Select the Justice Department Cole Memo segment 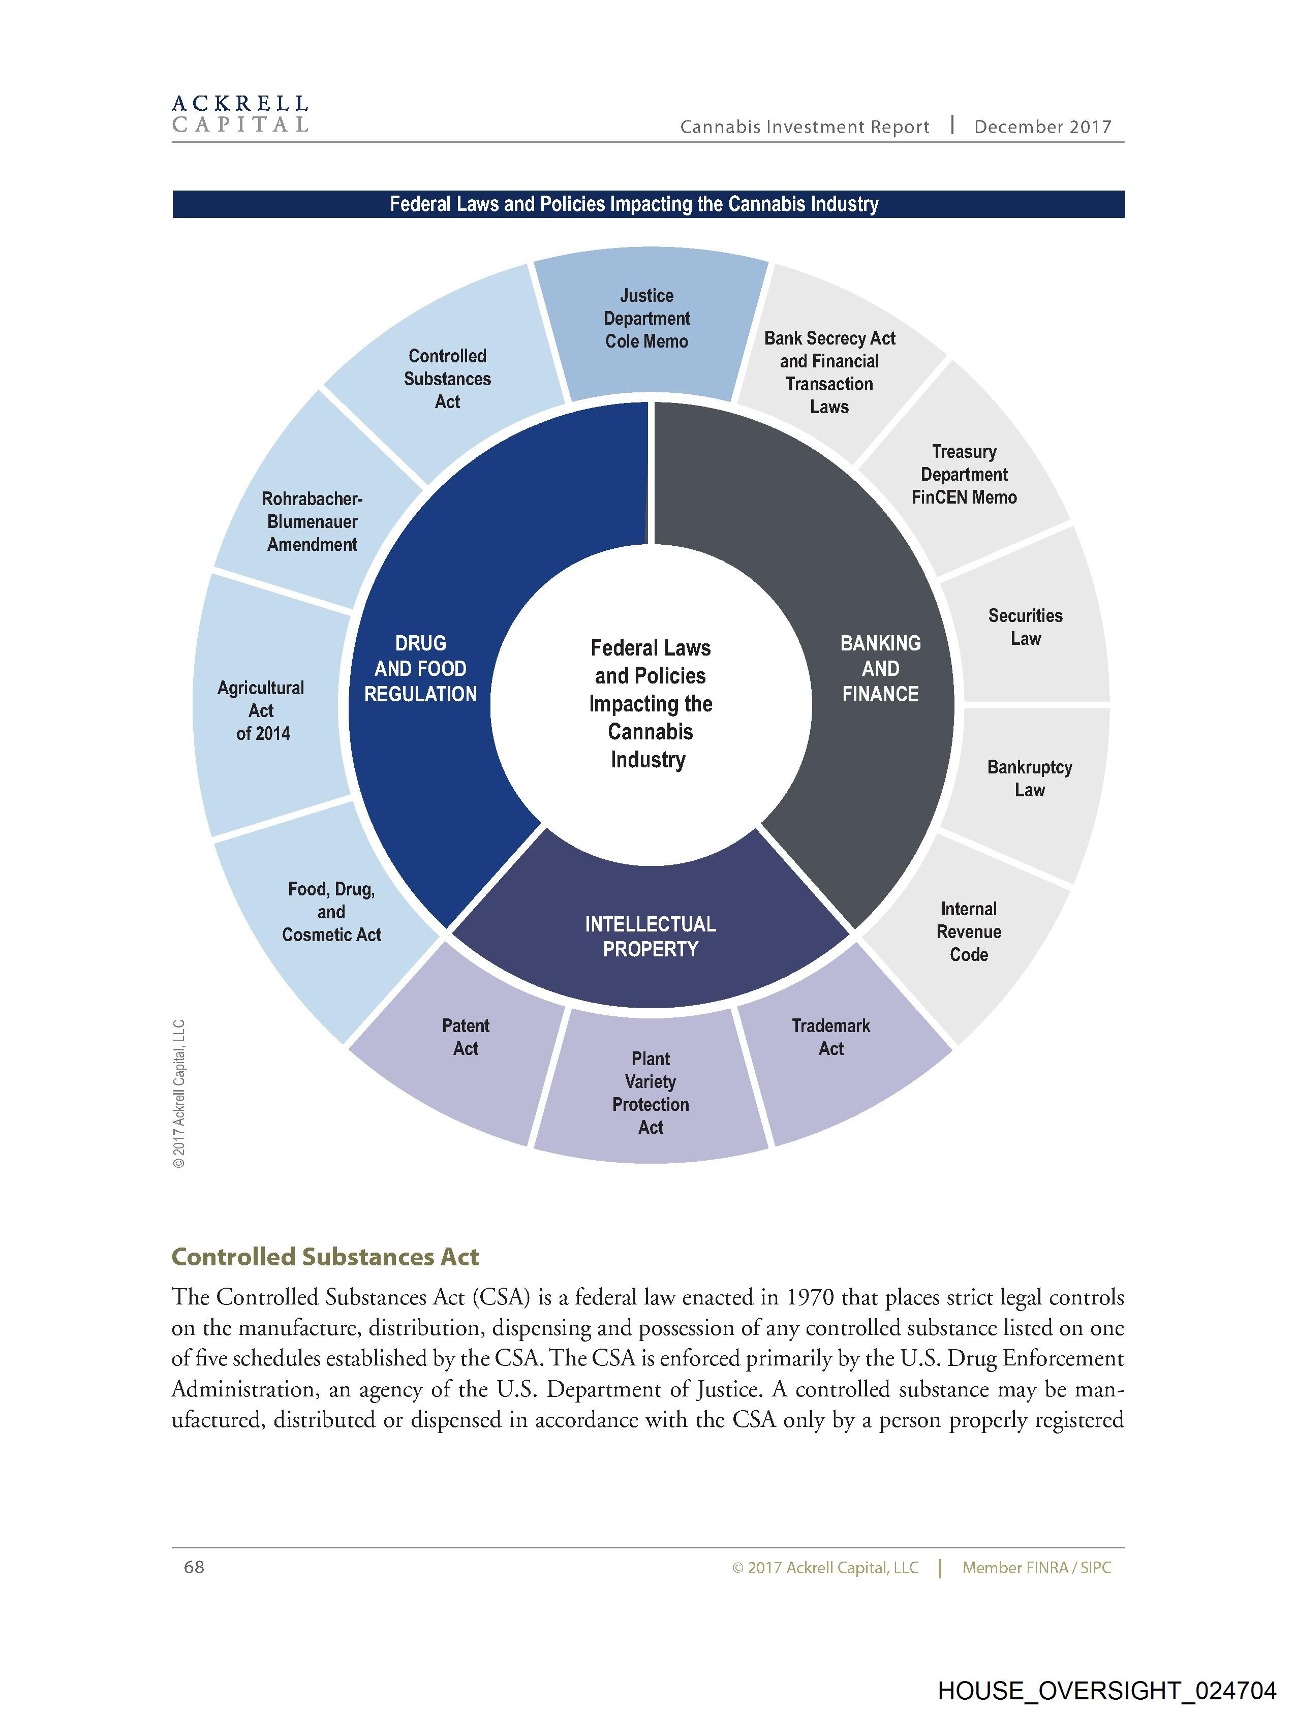coord(646,319)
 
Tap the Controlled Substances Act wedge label coord(447,379)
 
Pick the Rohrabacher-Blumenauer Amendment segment coord(312,522)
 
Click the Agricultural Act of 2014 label coord(262,710)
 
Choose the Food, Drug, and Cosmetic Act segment coord(331,912)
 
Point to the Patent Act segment coord(466,1037)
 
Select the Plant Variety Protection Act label coord(651,1093)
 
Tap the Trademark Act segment coord(830,1037)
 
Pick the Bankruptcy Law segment coord(1029,779)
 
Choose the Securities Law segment coord(1025,627)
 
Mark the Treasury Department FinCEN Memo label coord(964,475)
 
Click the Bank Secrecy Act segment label coord(829,372)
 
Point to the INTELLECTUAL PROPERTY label coord(651,937)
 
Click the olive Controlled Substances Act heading coord(325,1257)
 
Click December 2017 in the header coord(1042,127)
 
